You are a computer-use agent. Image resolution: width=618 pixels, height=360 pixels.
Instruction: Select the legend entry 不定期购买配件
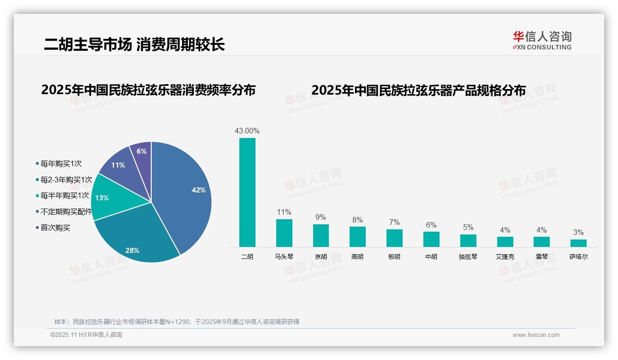[x=66, y=211]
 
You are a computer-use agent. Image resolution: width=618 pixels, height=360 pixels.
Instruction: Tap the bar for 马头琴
[x=284, y=233]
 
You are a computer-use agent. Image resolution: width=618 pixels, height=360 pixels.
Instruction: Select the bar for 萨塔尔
[x=578, y=243]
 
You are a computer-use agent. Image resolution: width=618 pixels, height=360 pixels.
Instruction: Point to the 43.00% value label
[x=247, y=131]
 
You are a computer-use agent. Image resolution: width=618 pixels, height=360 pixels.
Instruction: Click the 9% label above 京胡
[x=321, y=217]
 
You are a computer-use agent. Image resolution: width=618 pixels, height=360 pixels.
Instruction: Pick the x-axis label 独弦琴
[x=468, y=257]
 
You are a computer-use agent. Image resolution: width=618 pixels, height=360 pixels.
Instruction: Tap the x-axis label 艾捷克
[x=505, y=257]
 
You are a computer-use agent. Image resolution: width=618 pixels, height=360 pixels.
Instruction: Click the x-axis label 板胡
[x=394, y=257]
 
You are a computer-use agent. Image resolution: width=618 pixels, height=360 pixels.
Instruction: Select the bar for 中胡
[x=431, y=239]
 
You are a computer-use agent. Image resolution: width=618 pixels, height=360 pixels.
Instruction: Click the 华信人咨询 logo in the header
[x=542, y=41]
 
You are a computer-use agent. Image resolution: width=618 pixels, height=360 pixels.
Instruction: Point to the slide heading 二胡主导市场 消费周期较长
[x=134, y=44]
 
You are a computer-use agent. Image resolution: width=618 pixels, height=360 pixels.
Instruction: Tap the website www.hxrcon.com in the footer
[x=536, y=335]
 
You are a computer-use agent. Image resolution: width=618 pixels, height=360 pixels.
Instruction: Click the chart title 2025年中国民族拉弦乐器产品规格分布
[x=418, y=90]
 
